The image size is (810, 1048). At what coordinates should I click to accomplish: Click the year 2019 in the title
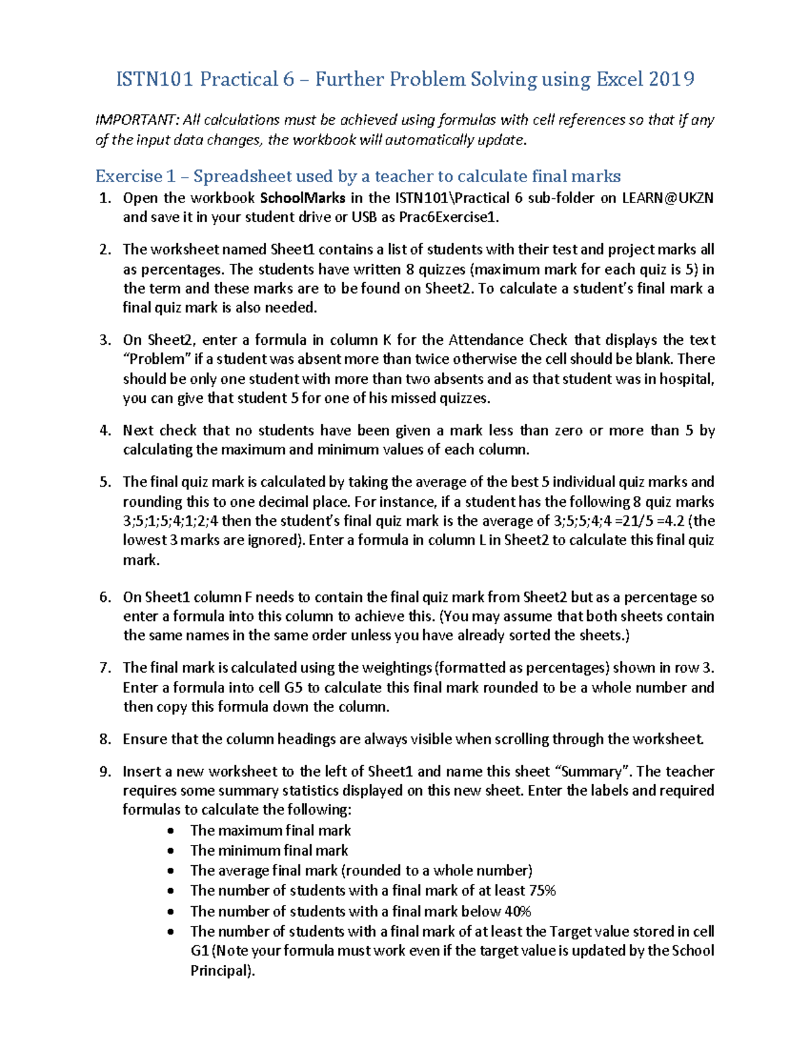(671, 80)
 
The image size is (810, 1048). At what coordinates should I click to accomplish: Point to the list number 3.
(105, 340)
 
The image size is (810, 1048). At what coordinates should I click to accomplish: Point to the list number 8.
(105, 739)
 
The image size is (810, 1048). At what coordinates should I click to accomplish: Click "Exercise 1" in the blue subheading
(128, 177)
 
